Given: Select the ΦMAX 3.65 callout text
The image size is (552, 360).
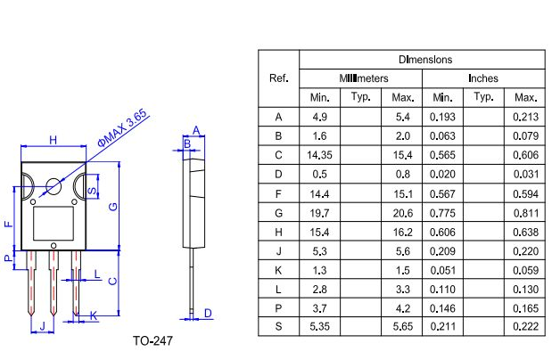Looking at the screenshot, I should pos(121,130).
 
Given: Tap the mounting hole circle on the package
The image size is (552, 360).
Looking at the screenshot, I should pos(54,187).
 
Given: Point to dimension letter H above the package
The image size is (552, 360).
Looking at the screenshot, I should pos(54,140).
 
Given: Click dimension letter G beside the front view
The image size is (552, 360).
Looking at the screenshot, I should pos(112,207).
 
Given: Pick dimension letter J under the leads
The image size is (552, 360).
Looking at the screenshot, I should pos(42,328).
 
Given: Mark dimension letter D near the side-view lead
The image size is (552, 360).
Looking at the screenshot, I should pos(208,313).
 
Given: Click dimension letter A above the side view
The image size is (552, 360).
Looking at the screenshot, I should pos(195,130).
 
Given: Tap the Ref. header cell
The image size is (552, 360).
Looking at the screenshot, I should pos(278,78).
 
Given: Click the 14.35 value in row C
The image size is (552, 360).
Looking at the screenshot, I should pos(319,154).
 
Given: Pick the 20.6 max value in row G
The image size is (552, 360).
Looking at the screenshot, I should pos(402,212).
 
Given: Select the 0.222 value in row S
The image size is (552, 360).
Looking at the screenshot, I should pos(526,327).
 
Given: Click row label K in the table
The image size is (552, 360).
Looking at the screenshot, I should pos(278,270).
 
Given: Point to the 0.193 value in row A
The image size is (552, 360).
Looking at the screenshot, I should pos(442,117).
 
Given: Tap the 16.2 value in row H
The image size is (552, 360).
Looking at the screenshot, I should pos(402,231).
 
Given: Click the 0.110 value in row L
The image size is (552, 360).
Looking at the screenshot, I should pos(442,289).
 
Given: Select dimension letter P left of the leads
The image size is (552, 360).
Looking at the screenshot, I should pos(8,259).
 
